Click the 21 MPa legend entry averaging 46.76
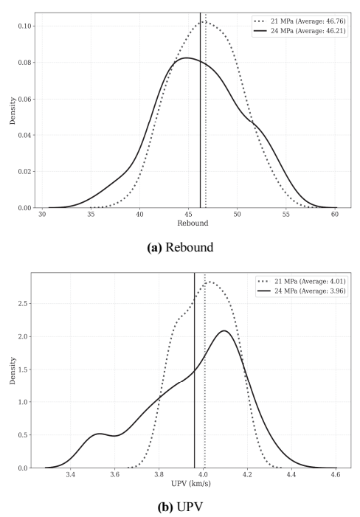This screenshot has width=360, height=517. pos(300,21)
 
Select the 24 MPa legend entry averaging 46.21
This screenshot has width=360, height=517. pos(300,31)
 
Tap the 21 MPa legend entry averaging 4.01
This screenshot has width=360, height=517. pos(302,281)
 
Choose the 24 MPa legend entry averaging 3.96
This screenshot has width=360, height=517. pos(302,291)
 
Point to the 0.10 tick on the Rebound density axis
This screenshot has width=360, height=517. pos(25,26)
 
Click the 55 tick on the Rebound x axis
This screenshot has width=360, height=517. pos(285,215)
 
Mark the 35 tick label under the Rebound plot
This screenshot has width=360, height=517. pos(91,215)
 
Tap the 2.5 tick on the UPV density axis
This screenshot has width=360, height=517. pos(23,303)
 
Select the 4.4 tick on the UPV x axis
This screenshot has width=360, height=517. pos(291,475)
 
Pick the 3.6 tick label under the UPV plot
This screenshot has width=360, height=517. pos(114,475)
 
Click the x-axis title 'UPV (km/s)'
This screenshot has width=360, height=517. pos(191,484)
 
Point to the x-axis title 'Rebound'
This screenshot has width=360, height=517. pos(193,223)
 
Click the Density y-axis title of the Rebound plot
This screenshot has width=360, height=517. pos(13,111)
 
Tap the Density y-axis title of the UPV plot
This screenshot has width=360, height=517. pos(13,370)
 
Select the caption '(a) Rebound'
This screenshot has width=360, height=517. pos(180,247)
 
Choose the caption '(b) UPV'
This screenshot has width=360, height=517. pos(180,507)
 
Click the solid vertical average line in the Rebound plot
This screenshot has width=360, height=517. pos(200,111)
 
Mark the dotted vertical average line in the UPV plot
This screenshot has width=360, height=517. pos(205,370)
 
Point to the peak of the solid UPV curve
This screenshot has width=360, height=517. pos(224,330)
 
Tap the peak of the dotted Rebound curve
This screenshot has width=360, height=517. pos(204,22)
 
